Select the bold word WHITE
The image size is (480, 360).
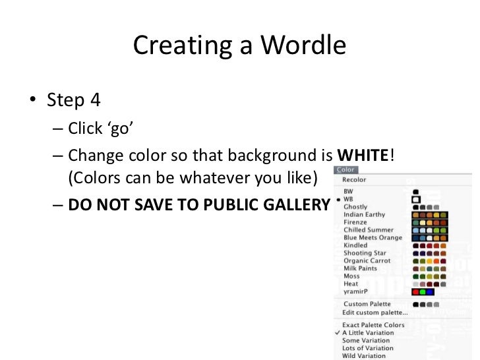pyautogui.click(x=362, y=156)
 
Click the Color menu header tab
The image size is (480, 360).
pyautogui.click(x=345, y=170)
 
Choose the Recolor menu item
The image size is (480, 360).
pyautogui.click(x=354, y=179)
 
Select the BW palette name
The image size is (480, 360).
pyautogui.click(x=348, y=192)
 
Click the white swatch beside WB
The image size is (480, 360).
pyautogui.click(x=416, y=199)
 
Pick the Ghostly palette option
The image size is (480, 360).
pyautogui.click(x=355, y=207)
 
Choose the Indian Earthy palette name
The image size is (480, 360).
pyautogui.click(x=364, y=214)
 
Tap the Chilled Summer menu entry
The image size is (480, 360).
pyautogui.click(x=368, y=230)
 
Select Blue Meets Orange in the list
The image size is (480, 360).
pyautogui.click(x=372, y=237)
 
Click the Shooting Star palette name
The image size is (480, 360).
pyautogui.click(x=365, y=253)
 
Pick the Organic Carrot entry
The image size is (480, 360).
pyautogui.click(x=366, y=260)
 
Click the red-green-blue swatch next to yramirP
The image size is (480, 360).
pyautogui.click(x=422, y=291)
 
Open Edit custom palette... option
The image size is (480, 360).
pyautogui.click(x=374, y=312)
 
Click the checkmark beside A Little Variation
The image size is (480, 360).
pyautogui.click(x=338, y=333)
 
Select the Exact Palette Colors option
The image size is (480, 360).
pyautogui.click(x=373, y=325)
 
